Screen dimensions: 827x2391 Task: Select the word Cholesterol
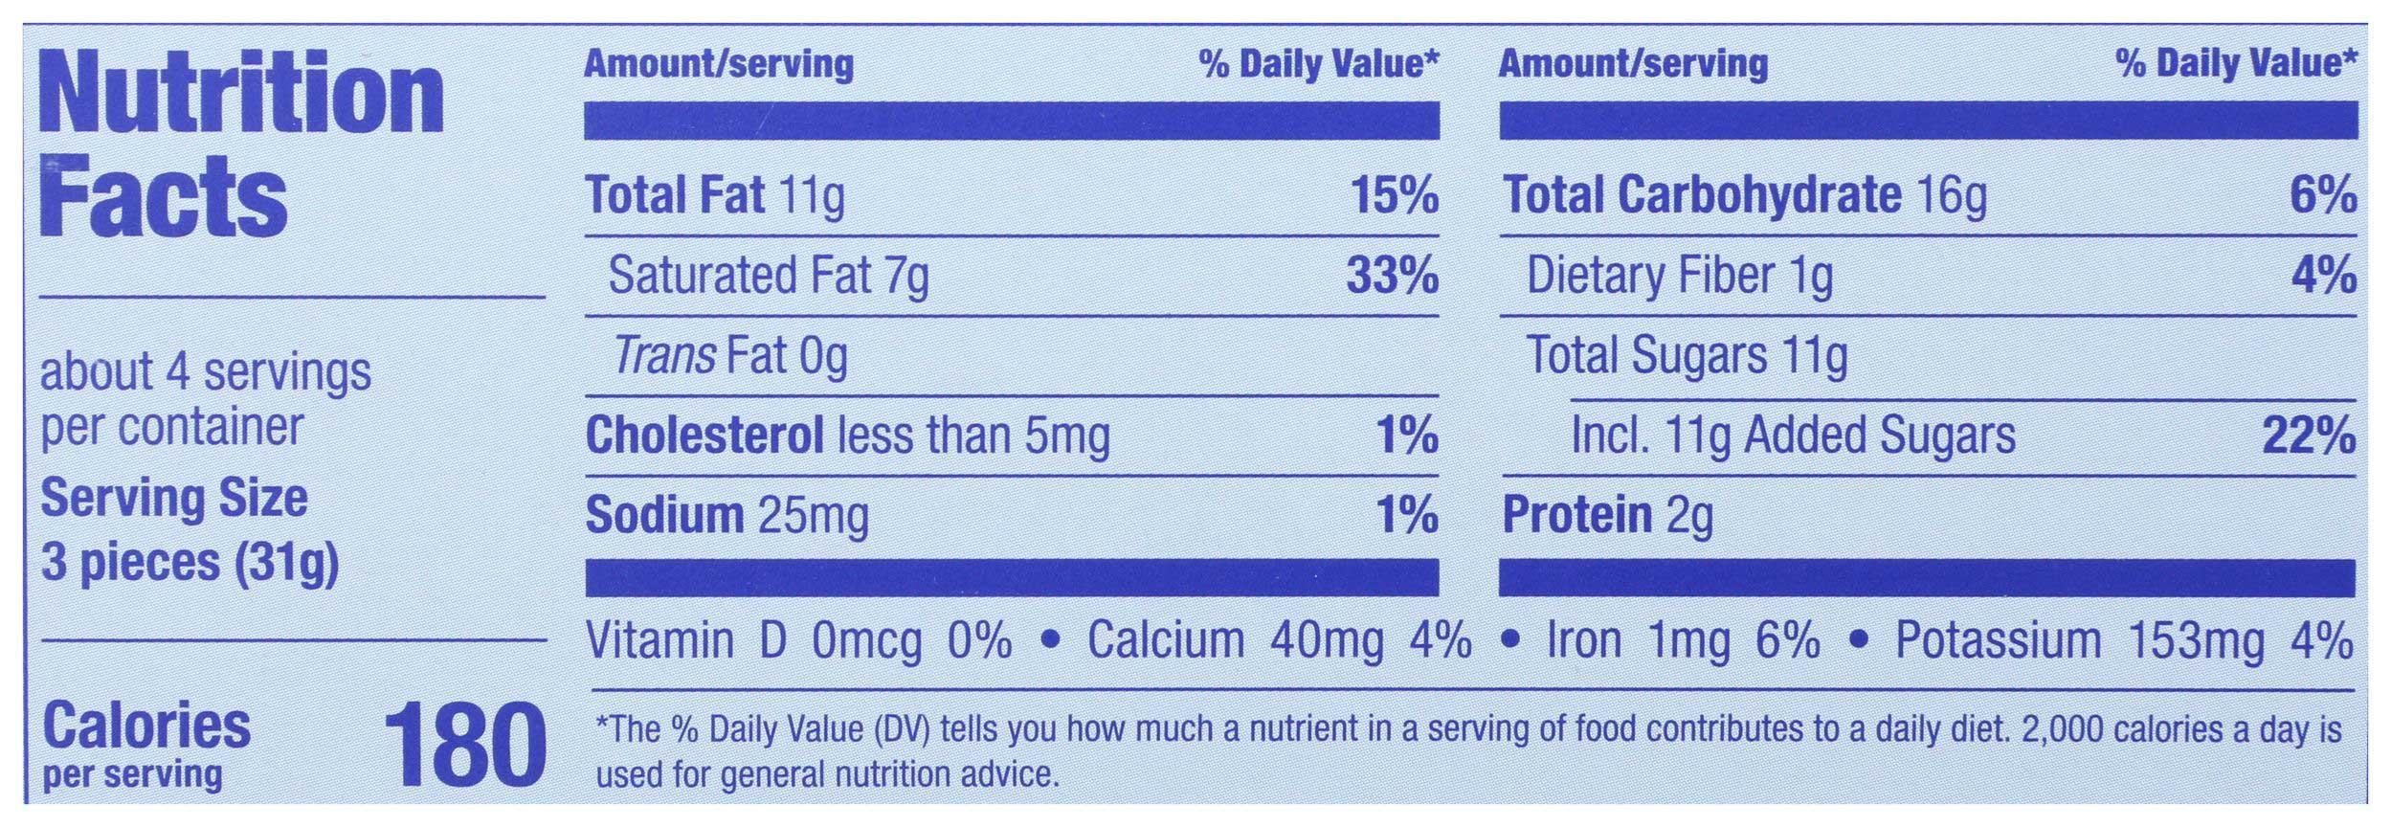(x=704, y=436)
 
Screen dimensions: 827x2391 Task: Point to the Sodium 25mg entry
(x=726, y=516)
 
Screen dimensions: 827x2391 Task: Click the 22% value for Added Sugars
(x=2308, y=436)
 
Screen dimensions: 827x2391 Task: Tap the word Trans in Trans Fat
(x=664, y=356)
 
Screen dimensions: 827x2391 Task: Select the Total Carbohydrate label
(x=1702, y=196)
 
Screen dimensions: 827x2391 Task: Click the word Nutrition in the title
(x=242, y=96)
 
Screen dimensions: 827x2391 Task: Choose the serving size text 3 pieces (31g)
(x=190, y=562)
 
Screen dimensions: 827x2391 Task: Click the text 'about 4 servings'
(x=205, y=371)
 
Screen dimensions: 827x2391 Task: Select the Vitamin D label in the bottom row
(x=685, y=641)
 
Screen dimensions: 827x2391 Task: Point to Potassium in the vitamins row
(x=1998, y=641)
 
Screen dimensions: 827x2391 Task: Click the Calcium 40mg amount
(x=1326, y=641)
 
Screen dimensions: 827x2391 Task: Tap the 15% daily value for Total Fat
(x=1394, y=196)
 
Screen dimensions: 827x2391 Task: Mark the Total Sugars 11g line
(x=1686, y=356)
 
